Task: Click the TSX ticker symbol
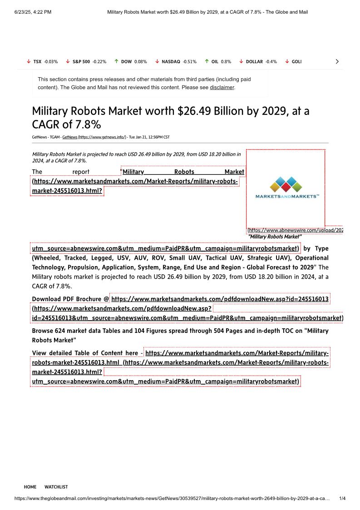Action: [x=37, y=62]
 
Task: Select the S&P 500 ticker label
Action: [x=81, y=62]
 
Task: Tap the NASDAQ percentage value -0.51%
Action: [x=189, y=62]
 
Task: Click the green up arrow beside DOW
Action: [x=117, y=61]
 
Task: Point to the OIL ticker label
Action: [x=215, y=62]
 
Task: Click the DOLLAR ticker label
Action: [x=254, y=62]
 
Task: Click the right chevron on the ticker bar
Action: [x=337, y=62]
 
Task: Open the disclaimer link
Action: [x=222, y=87]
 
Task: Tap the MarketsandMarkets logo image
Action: [x=286, y=187]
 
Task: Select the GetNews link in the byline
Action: [x=69, y=137]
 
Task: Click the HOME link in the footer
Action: [x=30, y=487]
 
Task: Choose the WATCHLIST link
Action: [x=56, y=487]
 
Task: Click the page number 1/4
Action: [x=343, y=498]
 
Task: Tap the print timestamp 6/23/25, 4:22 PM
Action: [x=33, y=12]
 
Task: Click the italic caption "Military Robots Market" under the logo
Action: [x=274, y=237]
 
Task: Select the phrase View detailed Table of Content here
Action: [x=85, y=353]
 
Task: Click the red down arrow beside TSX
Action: [x=28, y=61]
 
